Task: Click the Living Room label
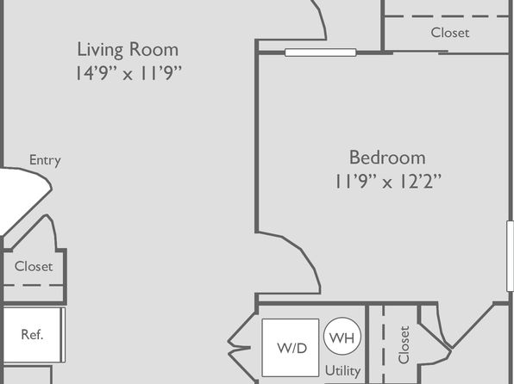point(128,50)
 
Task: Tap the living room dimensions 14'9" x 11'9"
point(128,73)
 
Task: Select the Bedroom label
point(387,158)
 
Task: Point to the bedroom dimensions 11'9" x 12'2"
point(388,182)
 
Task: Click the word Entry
point(45,160)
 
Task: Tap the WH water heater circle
point(342,336)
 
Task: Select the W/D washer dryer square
point(291,348)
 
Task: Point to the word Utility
point(342,371)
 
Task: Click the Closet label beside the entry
point(34,267)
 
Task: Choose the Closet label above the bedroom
point(450,33)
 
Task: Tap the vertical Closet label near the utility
point(404,344)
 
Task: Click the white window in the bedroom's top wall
point(321,53)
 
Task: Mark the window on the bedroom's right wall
point(510,256)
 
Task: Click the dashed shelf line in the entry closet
point(33,286)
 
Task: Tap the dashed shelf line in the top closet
point(446,16)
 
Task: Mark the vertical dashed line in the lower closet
point(383,344)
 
